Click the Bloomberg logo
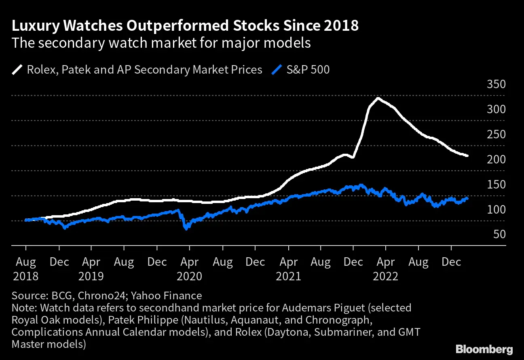tap(484, 349)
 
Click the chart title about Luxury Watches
tap(185, 26)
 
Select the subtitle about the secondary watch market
tap(161, 43)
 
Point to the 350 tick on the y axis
tap(496, 85)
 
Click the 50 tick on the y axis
tap(500, 234)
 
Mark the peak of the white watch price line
tap(378, 98)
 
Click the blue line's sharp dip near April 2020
tap(186, 229)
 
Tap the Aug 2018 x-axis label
tap(26, 269)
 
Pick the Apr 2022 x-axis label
tap(385, 269)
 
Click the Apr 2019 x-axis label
tap(91, 269)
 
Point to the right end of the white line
tap(467, 156)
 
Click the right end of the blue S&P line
tap(467, 198)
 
